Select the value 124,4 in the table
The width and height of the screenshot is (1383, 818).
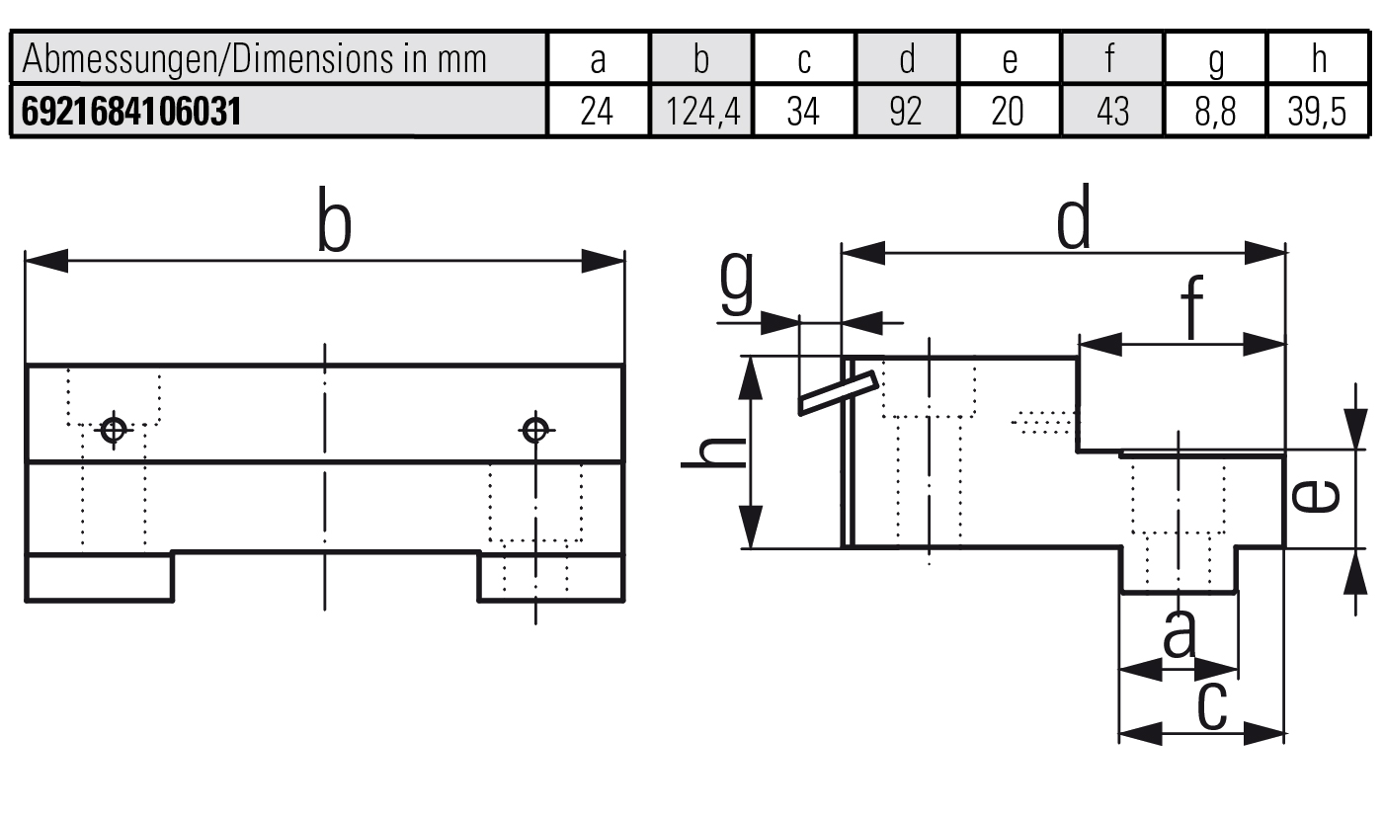[701, 112]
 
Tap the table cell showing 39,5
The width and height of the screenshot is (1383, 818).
[1318, 112]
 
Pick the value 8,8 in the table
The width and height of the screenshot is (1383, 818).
[1215, 112]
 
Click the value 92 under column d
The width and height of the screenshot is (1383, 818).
[906, 112]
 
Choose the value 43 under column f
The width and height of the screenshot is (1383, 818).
[1112, 112]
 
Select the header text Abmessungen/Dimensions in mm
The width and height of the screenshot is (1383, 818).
[254, 59]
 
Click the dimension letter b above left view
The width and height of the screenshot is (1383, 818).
[334, 224]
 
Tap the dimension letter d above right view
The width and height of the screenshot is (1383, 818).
[1074, 218]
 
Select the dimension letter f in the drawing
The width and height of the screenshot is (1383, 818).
[1193, 308]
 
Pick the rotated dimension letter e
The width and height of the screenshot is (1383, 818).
[1317, 497]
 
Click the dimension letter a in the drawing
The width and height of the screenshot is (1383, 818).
[1179, 634]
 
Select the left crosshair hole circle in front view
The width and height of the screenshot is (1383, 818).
[114, 430]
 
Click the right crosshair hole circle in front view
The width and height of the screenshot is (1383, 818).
[535, 430]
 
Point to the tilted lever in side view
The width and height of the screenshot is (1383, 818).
[838, 393]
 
